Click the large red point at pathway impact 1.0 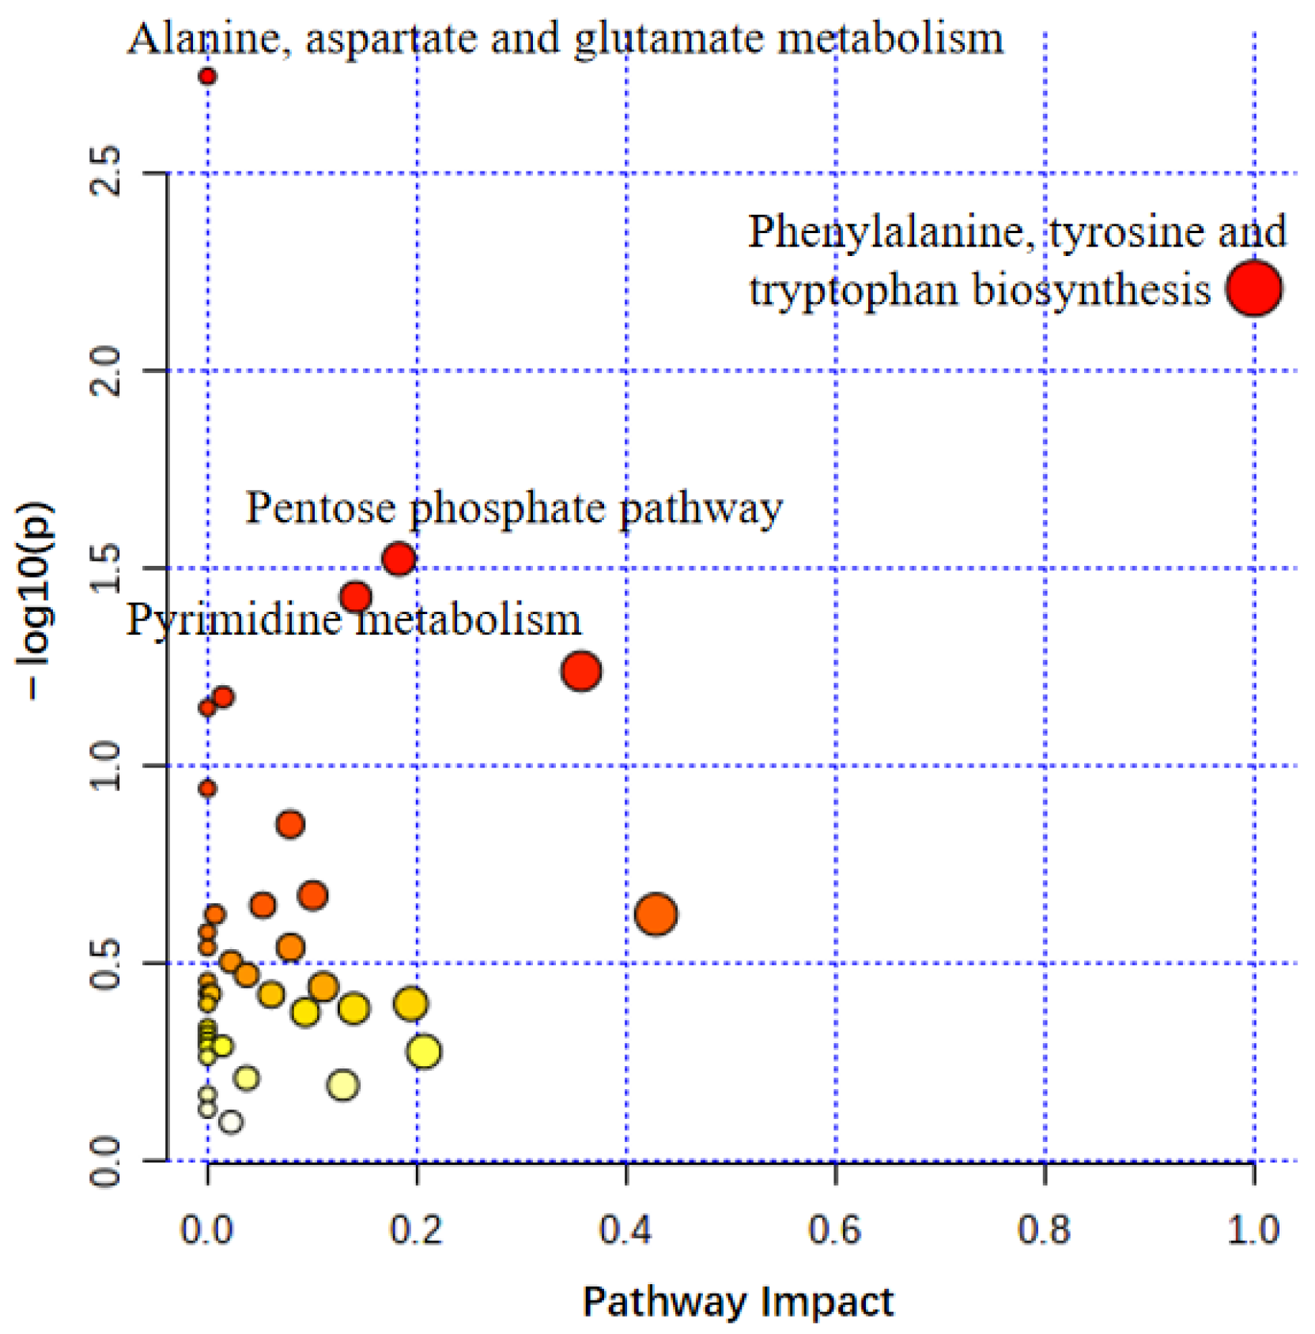click(x=1253, y=288)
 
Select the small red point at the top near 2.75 click(x=207, y=77)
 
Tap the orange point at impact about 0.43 click(x=656, y=914)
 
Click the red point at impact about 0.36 click(x=581, y=671)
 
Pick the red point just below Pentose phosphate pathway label click(x=399, y=559)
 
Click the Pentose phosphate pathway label click(x=514, y=507)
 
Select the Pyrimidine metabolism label click(x=353, y=620)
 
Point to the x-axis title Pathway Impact click(x=738, y=1300)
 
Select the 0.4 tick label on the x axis click(x=625, y=1230)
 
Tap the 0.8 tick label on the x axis click(x=1044, y=1230)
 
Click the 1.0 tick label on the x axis click(x=1253, y=1230)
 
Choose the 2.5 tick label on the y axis click(x=104, y=171)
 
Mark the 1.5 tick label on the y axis click(x=104, y=567)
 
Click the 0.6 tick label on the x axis click(x=834, y=1230)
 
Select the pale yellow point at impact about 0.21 click(x=425, y=1051)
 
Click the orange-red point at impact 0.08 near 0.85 click(x=290, y=824)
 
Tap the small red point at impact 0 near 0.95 click(x=207, y=789)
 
